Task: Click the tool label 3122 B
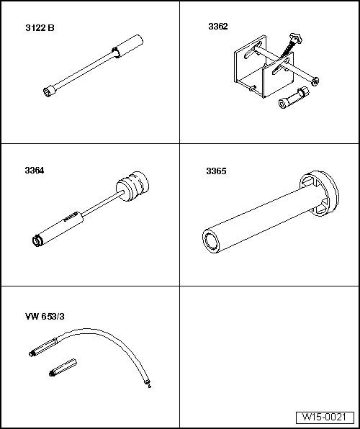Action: click(40, 28)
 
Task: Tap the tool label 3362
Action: click(218, 27)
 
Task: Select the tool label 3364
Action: click(35, 171)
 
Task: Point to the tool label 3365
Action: click(216, 171)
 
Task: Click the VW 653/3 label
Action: click(45, 317)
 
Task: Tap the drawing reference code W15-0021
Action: click(324, 417)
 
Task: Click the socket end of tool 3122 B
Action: click(48, 91)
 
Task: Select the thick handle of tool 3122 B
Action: click(128, 45)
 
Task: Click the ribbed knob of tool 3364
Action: click(132, 186)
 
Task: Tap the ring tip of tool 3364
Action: click(37, 240)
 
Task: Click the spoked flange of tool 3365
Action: click(320, 193)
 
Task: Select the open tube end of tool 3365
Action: click(211, 241)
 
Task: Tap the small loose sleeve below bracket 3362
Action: click(294, 97)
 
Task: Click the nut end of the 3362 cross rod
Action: click(315, 81)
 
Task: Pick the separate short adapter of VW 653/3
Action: click(63, 367)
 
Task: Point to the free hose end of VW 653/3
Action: click(148, 382)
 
